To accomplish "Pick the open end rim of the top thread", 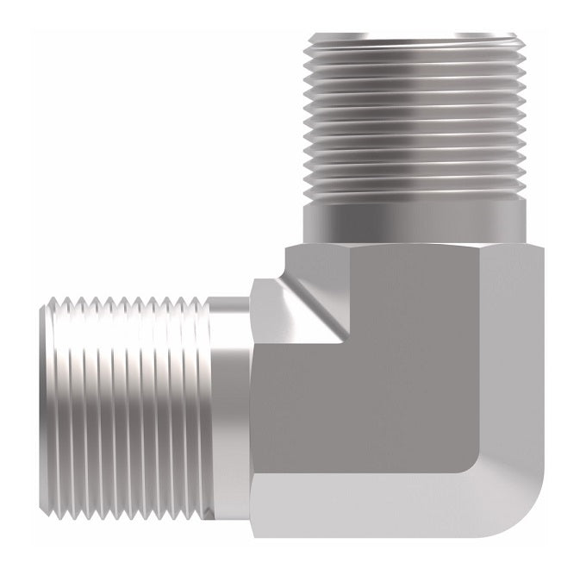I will [414, 36].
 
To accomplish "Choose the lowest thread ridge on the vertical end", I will [414, 194].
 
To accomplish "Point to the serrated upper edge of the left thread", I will [129, 303].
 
